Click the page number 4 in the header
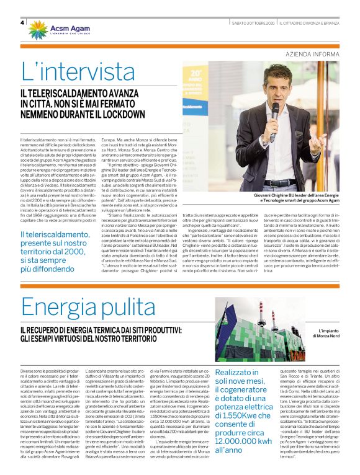coord(23,24)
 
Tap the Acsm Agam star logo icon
coord(37,29)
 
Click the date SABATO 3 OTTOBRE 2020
coord(251,23)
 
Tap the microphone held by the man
coord(274,115)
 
